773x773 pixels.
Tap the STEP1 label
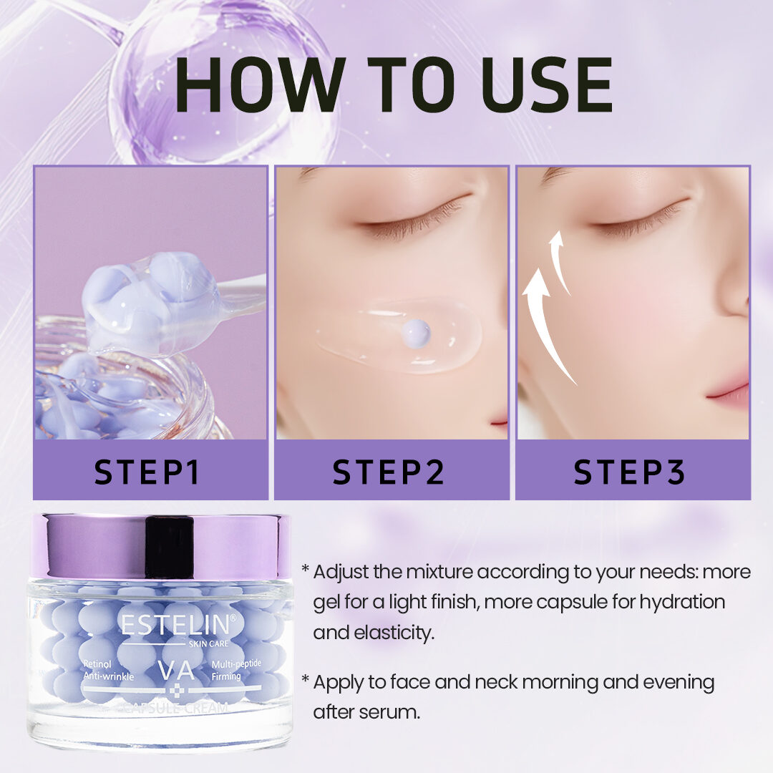[x=147, y=472]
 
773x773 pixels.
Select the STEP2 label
[x=388, y=472]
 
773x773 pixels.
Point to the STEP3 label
[x=630, y=472]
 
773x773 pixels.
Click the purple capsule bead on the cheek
[x=416, y=334]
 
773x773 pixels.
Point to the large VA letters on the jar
[x=177, y=670]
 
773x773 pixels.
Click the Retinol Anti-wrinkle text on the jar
[x=109, y=670]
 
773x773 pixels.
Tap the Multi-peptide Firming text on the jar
[x=236, y=670]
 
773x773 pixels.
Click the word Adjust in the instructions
[x=341, y=573]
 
